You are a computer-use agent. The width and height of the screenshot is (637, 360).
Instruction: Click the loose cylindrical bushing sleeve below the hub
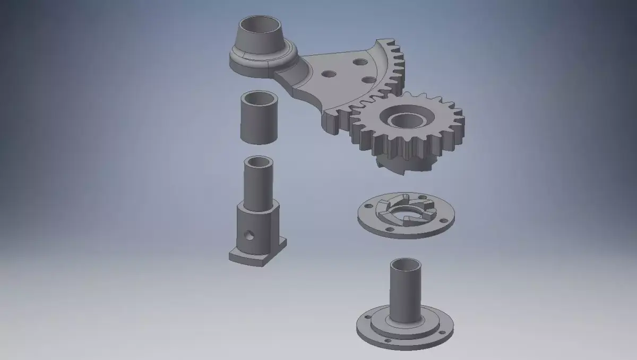coord(260,118)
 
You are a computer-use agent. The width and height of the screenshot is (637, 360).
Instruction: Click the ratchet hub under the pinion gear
coord(403,162)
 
